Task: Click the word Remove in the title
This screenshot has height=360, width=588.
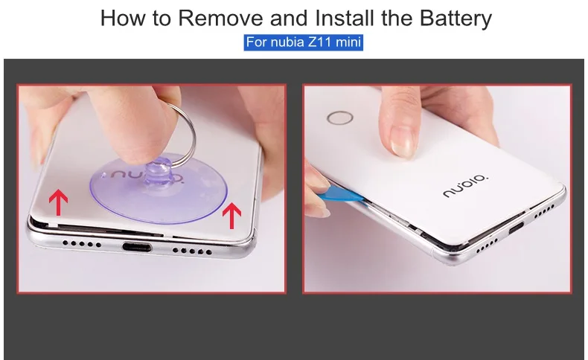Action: [x=220, y=18]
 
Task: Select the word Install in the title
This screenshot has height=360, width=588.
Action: [x=345, y=18]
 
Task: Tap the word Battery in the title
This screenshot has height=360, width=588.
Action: [x=456, y=19]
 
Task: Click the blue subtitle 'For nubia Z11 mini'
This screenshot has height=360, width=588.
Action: [x=304, y=42]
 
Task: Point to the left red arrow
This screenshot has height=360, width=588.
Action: [x=59, y=202]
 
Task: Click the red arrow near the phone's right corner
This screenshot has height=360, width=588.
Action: [x=231, y=216]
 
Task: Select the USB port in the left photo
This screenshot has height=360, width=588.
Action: [x=137, y=247]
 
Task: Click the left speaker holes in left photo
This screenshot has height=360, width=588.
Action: [x=81, y=244]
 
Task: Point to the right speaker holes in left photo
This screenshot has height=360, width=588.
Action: [x=192, y=251]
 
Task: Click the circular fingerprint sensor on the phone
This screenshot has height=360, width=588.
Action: [x=339, y=118]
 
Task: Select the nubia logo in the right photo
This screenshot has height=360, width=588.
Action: [x=466, y=185]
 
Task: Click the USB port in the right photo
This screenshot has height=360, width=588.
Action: [x=516, y=228]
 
